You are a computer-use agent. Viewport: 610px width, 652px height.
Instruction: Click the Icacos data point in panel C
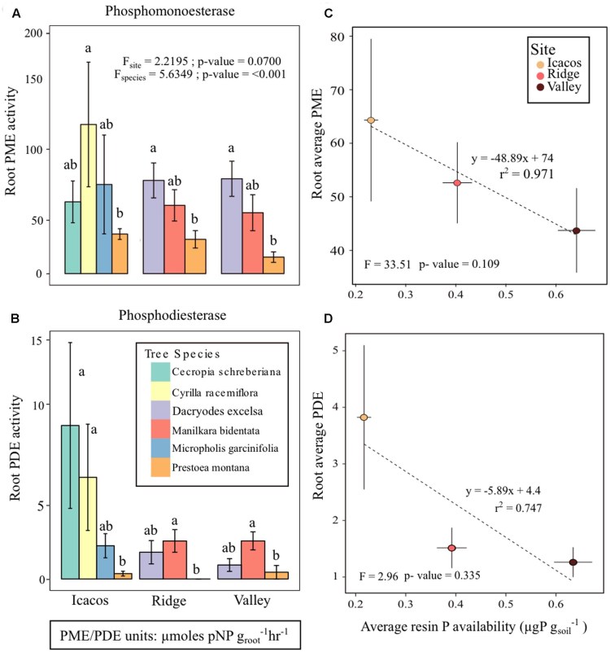click(x=370, y=120)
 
